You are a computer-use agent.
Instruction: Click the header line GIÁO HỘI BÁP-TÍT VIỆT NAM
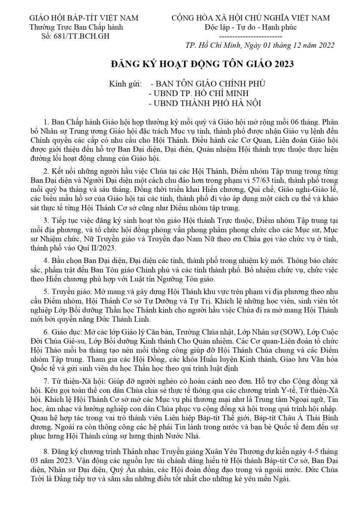[84, 18]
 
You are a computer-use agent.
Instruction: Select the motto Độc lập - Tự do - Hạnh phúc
[251, 27]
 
